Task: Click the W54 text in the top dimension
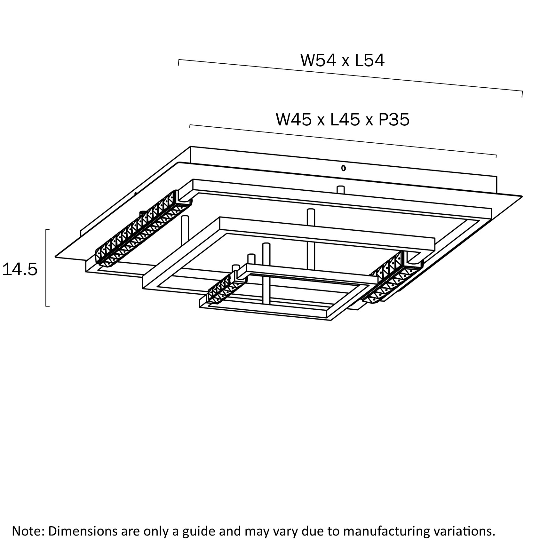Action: [x=318, y=60]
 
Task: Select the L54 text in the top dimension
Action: [x=369, y=60]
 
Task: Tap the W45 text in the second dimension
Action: [x=293, y=120]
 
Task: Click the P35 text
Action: [x=394, y=120]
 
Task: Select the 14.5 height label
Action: [x=20, y=269]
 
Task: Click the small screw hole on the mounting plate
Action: [x=343, y=168]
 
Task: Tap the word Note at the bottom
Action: [x=27, y=531]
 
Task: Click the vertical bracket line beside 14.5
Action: [x=46, y=268]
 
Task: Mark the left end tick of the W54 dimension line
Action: [x=179, y=62]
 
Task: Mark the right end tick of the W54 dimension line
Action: [x=522, y=94]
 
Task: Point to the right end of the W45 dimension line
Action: [x=496, y=156]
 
